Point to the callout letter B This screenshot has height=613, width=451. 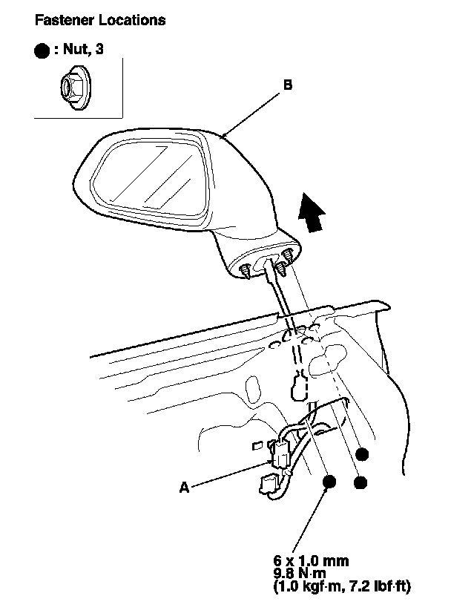[x=288, y=85]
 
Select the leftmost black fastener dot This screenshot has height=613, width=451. [x=329, y=482]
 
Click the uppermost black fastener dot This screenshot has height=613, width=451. [x=362, y=453]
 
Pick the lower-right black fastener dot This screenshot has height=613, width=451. [x=361, y=483]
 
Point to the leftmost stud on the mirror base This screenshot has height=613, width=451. [x=246, y=272]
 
